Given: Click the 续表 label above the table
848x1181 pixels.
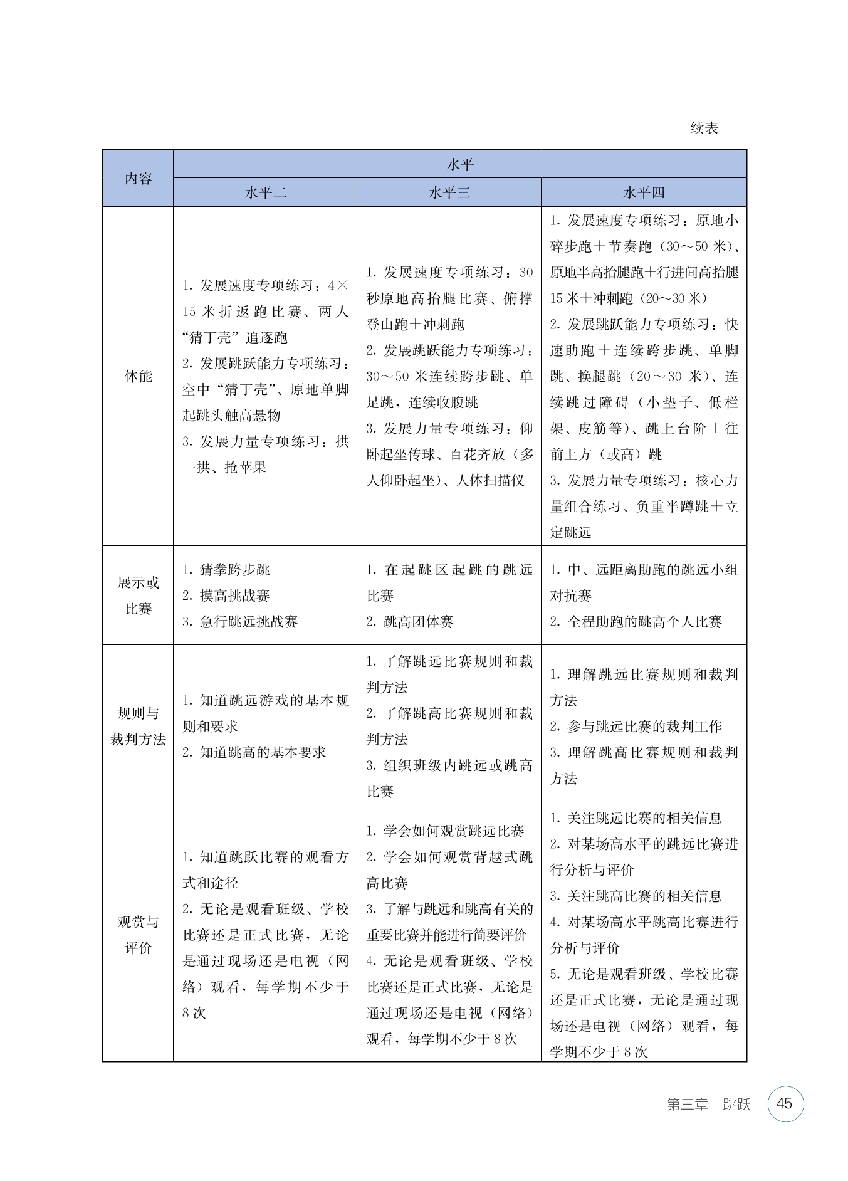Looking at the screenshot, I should [704, 128].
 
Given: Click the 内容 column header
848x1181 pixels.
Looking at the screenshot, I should [138, 179].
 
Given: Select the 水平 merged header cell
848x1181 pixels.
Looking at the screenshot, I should [459, 164].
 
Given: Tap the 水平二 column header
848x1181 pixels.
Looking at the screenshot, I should [265, 192].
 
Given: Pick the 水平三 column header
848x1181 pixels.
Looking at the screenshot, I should [449, 192].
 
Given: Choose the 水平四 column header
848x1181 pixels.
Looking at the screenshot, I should [644, 192].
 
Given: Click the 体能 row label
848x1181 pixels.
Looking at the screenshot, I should [138, 376].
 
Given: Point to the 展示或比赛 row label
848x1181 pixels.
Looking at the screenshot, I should [138, 595].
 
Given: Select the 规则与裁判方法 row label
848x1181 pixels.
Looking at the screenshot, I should [138, 726].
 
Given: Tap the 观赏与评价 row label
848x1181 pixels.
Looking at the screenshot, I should [138, 935].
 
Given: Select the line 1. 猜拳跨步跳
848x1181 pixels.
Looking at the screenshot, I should [226, 570].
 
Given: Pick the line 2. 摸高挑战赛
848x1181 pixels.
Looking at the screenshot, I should [226, 596].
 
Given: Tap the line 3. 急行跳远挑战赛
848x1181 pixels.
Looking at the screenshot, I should [240, 622].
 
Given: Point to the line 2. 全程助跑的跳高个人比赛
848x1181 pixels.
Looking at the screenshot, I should [636, 622].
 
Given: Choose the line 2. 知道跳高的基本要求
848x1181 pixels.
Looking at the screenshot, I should [254, 752].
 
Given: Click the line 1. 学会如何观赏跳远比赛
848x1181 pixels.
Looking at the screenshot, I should [445, 831].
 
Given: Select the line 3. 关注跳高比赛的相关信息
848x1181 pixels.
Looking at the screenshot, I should [636, 896].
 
